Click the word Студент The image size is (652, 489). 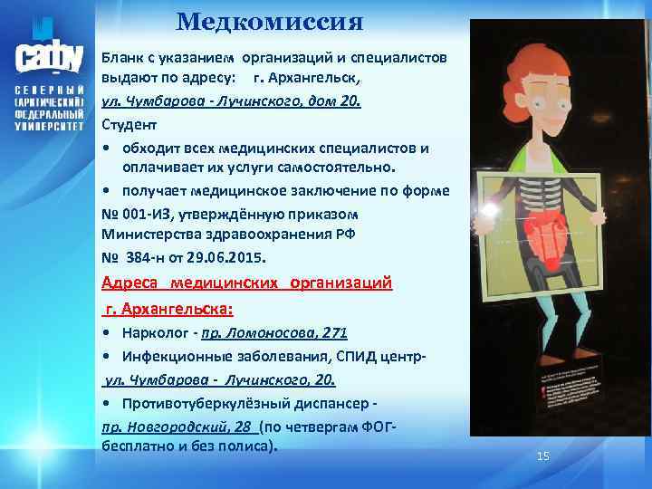click(129, 124)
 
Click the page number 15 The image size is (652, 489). click(543, 455)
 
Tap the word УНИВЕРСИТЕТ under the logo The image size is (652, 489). click(50, 128)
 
